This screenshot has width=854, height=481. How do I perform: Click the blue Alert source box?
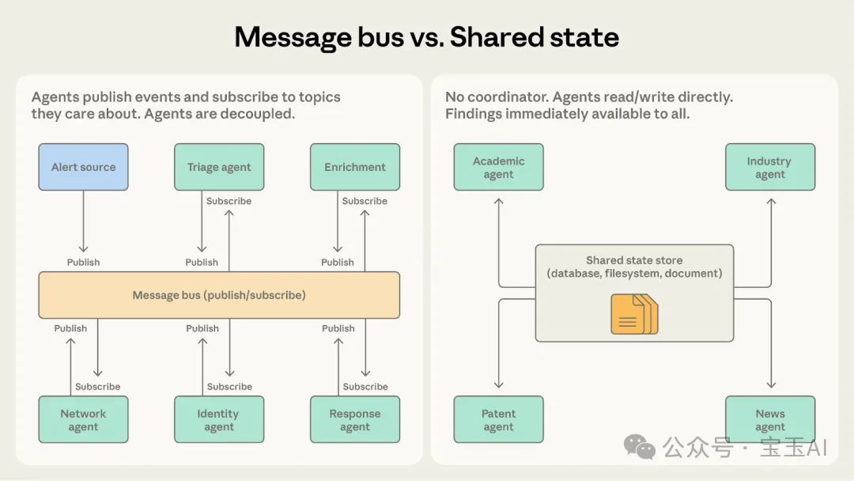coord(83,167)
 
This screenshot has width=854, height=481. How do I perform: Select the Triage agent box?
coord(219,167)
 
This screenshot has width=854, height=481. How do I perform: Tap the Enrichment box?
coord(355,167)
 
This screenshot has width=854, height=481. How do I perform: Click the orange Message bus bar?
coord(219,295)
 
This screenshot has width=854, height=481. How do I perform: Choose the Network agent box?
coord(83,419)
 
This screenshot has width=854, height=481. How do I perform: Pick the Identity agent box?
coord(219,419)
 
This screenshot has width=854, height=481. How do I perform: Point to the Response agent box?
coord(355,419)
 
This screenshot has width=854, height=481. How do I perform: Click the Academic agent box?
coord(498,167)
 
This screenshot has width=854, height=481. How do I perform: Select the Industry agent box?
coord(769,167)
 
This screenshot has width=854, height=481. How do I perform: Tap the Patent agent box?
coord(498,419)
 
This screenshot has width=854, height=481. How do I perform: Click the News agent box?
coord(769,419)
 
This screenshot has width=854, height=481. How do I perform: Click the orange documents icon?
coord(634,313)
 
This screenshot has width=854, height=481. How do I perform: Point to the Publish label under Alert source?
coord(83,262)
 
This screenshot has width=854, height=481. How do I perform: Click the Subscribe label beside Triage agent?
coord(229,201)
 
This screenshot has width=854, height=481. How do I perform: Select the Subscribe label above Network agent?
coord(98,387)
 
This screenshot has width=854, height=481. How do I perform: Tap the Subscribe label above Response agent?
coord(365,387)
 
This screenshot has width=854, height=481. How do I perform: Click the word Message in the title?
coord(292,37)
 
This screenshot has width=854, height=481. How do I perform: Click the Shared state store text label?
coord(634,260)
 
